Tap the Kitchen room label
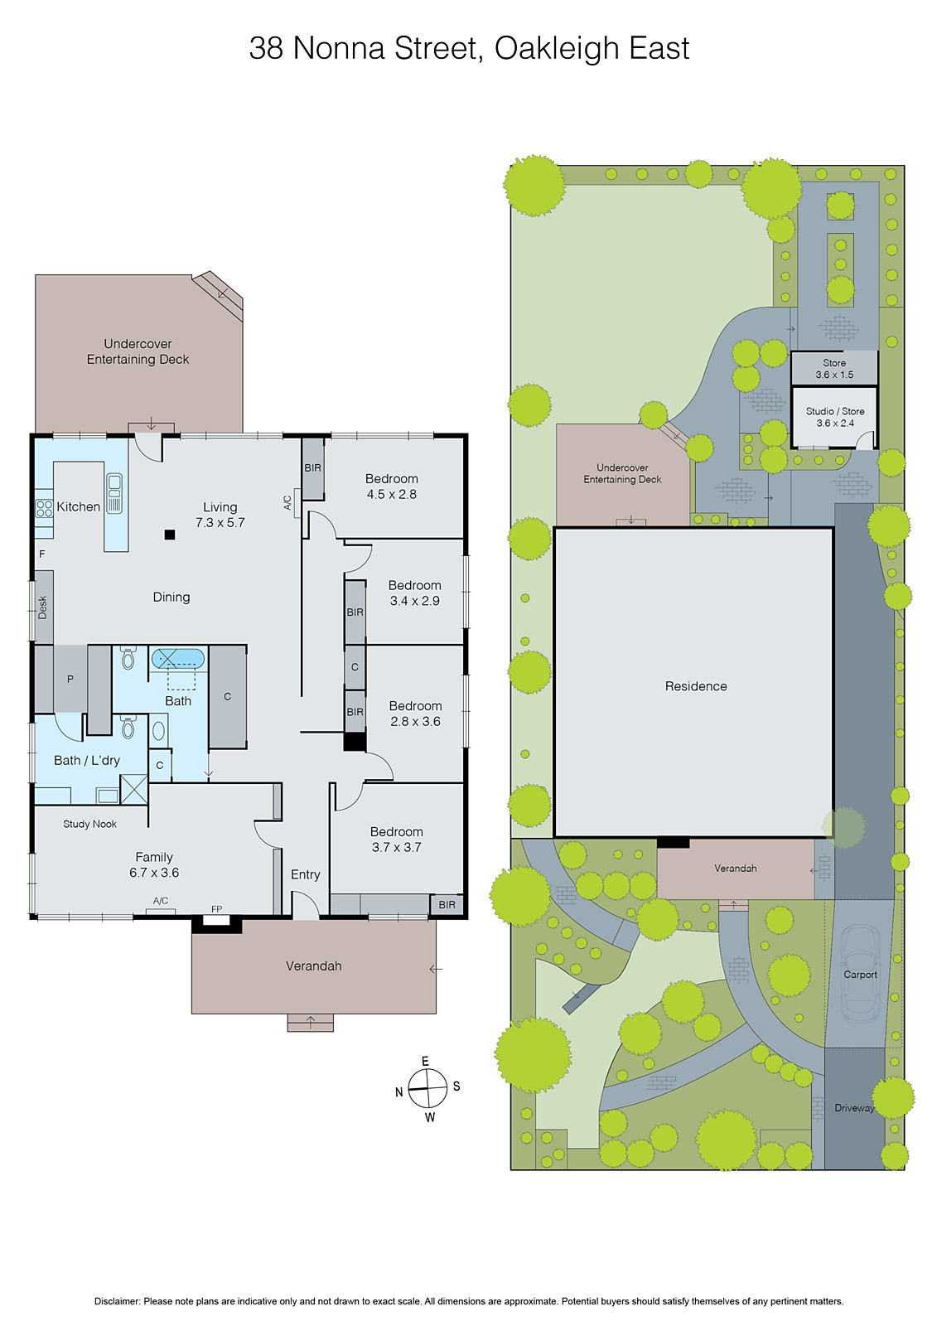pyautogui.click(x=78, y=506)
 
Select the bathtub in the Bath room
pyautogui.click(x=177, y=659)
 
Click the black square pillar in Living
pyautogui.click(x=170, y=535)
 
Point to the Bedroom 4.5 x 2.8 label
pyautogui.click(x=391, y=486)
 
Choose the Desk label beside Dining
pyautogui.click(x=43, y=607)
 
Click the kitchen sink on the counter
pyautogui.click(x=114, y=493)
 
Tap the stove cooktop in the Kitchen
pyautogui.click(x=44, y=507)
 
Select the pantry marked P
pyautogui.click(x=70, y=679)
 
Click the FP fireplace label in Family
pyautogui.click(x=216, y=909)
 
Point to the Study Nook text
pyautogui.click(x=89, y=824)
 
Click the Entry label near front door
pyautogui.click(x=305, y=874)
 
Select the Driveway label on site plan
pyautogui.click(x=854, y=1108)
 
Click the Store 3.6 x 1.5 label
pyautogui.click(x=834, y=369)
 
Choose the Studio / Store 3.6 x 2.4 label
pyautogui.click(x=834, y=417)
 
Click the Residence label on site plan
pyautogui.click(x=696, y=686)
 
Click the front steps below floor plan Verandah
pyautogui.click(x=310, y=1023)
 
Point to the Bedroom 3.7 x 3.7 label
pyautogui.click(x=396, y=840)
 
